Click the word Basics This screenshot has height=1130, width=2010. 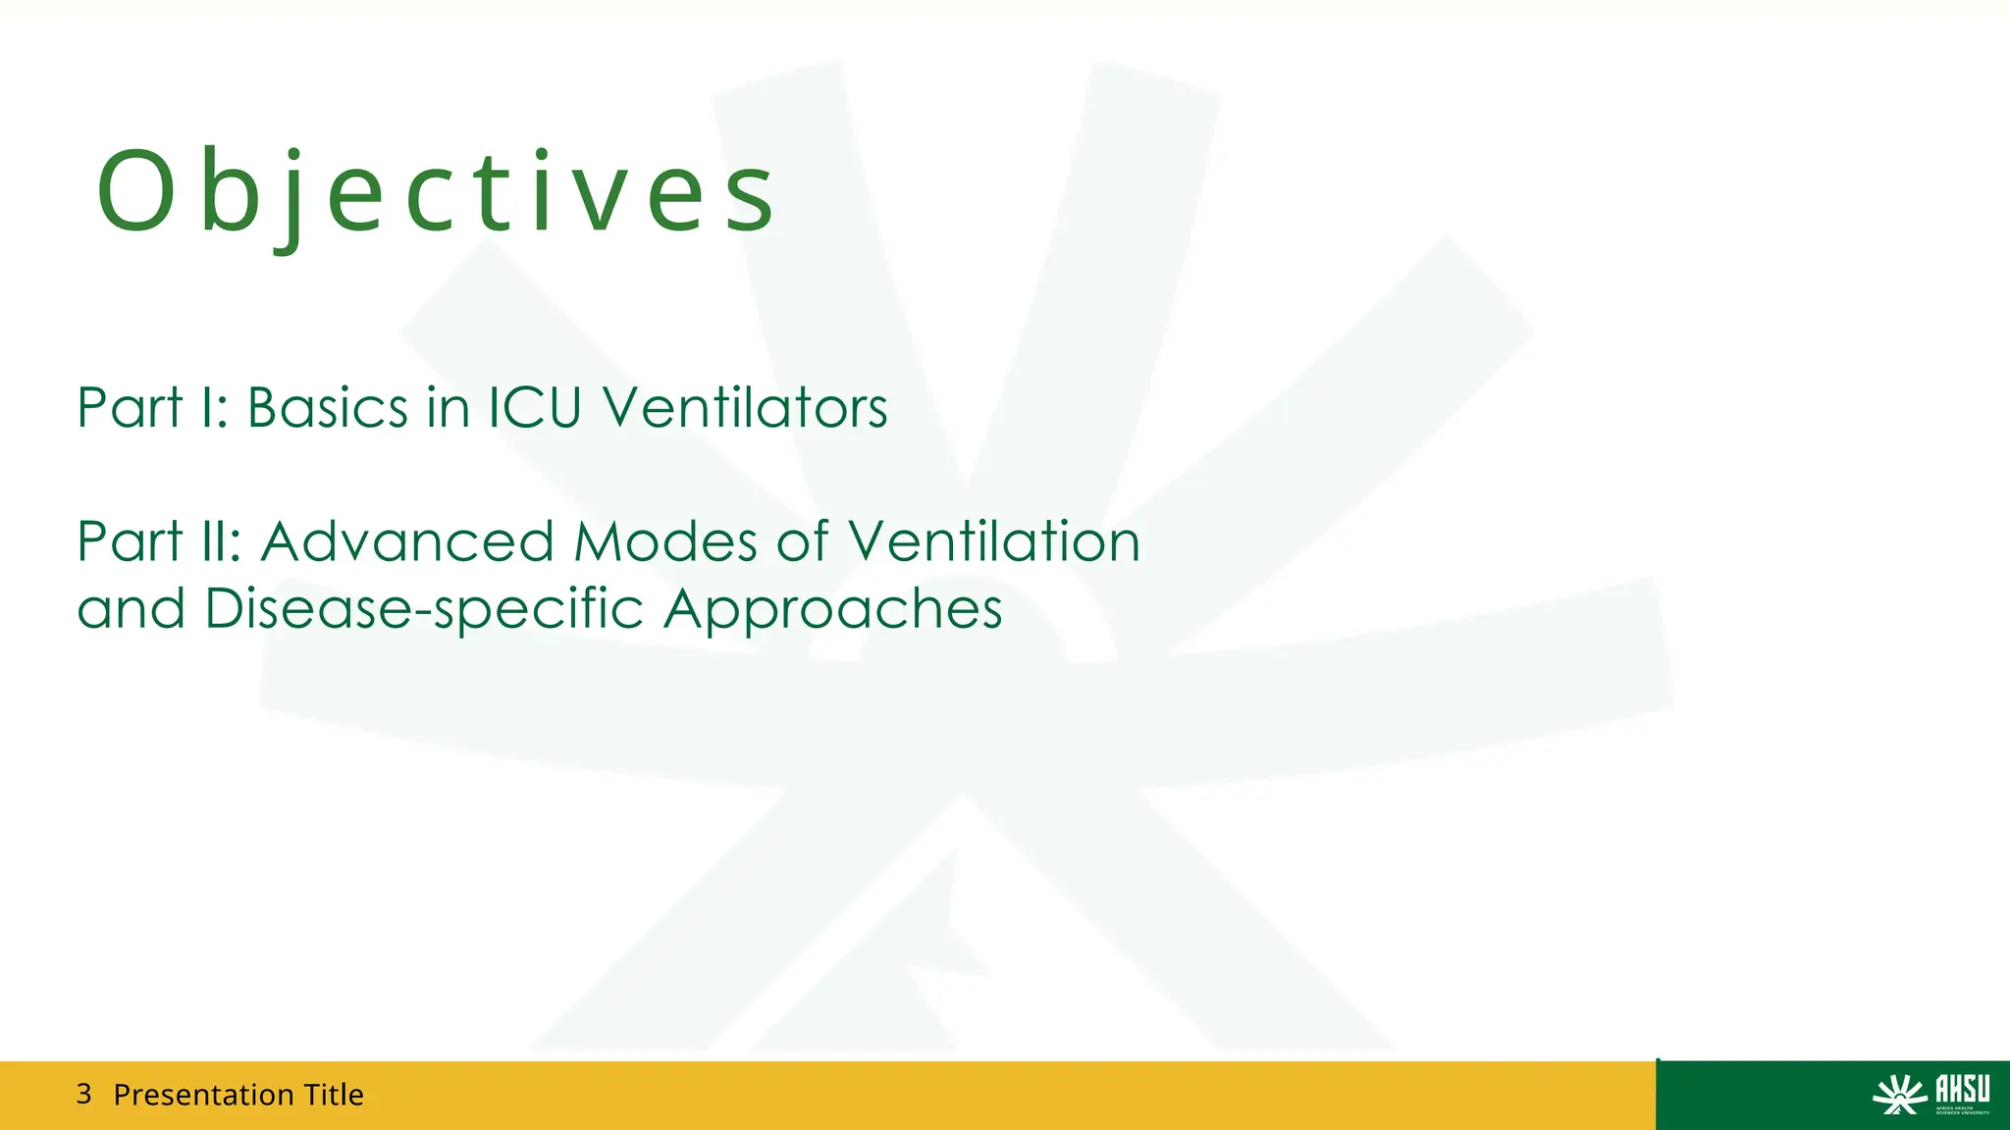tap(327, 407)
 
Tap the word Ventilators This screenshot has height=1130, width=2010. tap(745, 407)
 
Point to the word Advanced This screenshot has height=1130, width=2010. tap(407, 541)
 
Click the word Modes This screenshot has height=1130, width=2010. tap(666, 541)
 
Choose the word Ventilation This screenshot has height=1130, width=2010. tap(993, 541)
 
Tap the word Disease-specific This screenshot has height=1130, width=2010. tap(425, 610)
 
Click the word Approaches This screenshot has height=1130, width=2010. tap(833, 610)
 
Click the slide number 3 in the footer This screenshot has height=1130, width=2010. tap(83, 1094)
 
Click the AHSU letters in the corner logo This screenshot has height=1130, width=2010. tap(1962, 1089)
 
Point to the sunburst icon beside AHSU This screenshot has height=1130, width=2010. tap(1900, 1095)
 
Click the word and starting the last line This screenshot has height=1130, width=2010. tap(131, 610)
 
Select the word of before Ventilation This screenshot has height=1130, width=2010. tap(802, 541)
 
